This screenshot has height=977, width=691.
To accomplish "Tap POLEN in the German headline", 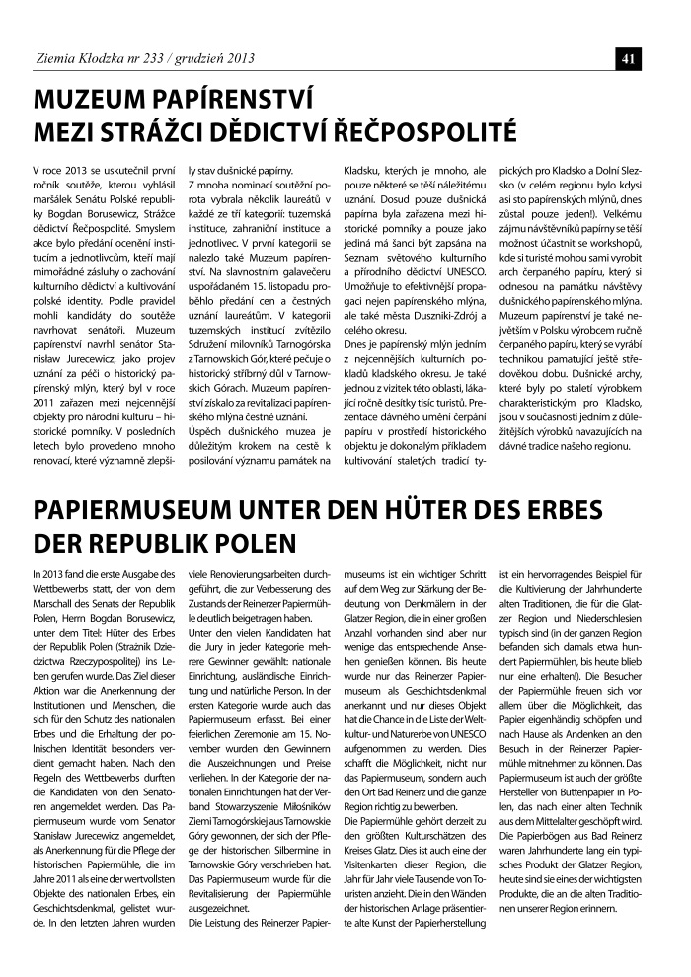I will click(x=251, y=544).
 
